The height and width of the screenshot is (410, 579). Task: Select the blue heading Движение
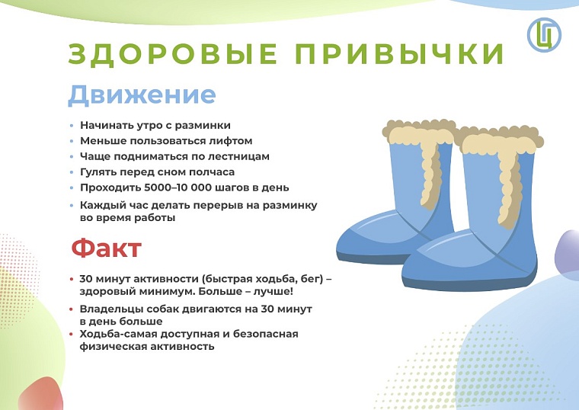(142, 95)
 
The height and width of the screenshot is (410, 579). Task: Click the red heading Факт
(106, 248)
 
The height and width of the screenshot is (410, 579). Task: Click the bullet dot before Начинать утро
(72, 126)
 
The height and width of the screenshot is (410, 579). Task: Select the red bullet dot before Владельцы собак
(72, 310)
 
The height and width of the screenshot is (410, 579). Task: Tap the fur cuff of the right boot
(499, 144)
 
